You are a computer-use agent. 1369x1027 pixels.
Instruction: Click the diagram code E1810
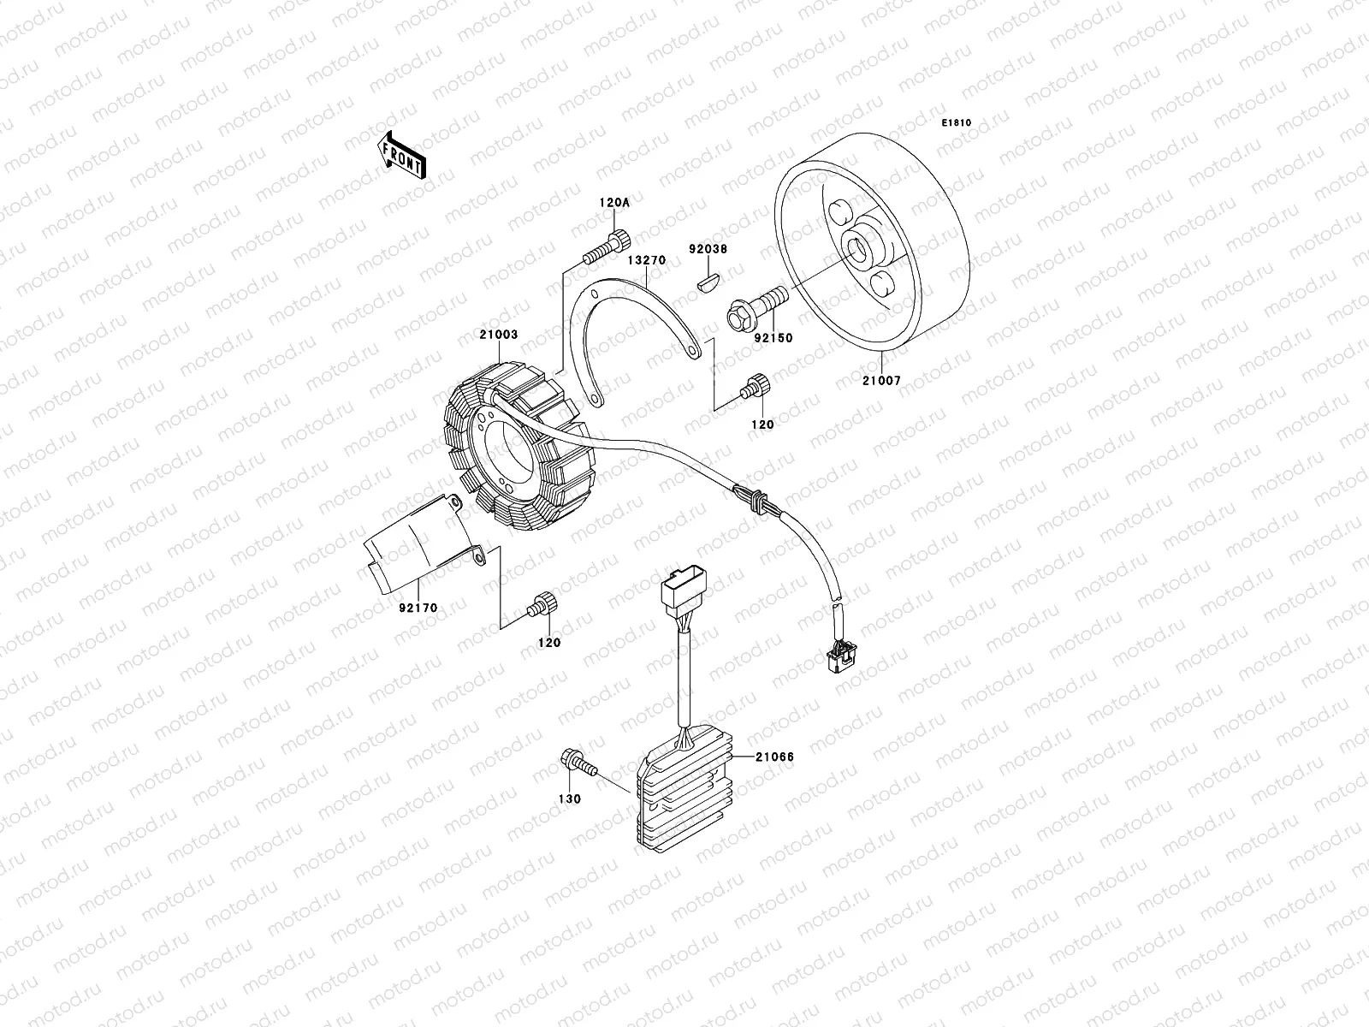click(x=957, y=123)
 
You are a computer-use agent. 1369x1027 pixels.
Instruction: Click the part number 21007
click(x=883, y=380)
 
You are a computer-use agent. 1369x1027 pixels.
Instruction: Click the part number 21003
click(x=498, y=335)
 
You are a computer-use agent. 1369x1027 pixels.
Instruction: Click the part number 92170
click(x=418, y=608)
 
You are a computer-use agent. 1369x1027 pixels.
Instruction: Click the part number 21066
click(x=775, y=757)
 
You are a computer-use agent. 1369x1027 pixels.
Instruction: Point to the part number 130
click(x=569, y=798)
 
